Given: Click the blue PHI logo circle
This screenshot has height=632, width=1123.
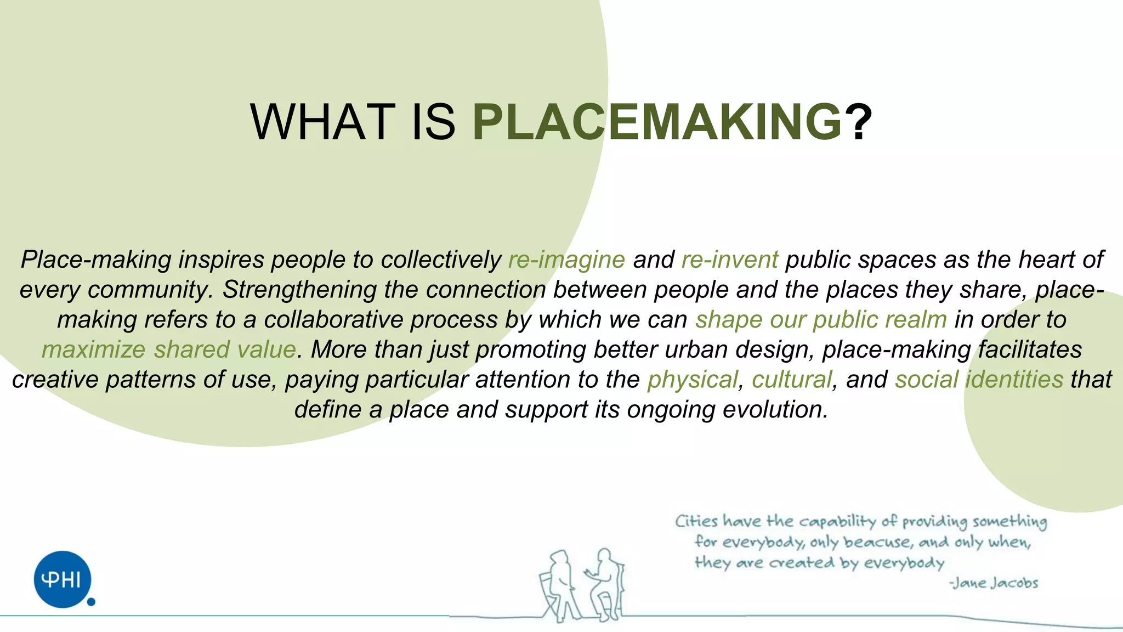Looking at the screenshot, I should pos(62,579).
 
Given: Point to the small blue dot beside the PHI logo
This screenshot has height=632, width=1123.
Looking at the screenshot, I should pos(92,602).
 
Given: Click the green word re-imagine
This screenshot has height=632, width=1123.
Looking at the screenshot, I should pos(566,259).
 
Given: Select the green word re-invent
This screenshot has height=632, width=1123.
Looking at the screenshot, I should pos(729,259).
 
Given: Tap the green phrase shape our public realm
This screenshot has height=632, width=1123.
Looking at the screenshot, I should pos(821,320).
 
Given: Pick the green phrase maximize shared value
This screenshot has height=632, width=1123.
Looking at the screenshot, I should pos(169,350).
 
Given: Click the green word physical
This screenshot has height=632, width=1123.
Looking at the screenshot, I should pos(693,380).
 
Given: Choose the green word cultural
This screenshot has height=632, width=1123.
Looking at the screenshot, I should pos(792,380).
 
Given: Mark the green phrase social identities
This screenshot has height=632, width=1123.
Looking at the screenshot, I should pos(979,380).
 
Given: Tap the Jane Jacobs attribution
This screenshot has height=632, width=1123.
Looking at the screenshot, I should pos(994,583).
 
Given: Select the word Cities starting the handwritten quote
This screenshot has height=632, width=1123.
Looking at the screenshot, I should pos(696,521).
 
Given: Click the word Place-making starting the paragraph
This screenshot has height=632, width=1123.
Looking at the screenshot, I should pos(96,259).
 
